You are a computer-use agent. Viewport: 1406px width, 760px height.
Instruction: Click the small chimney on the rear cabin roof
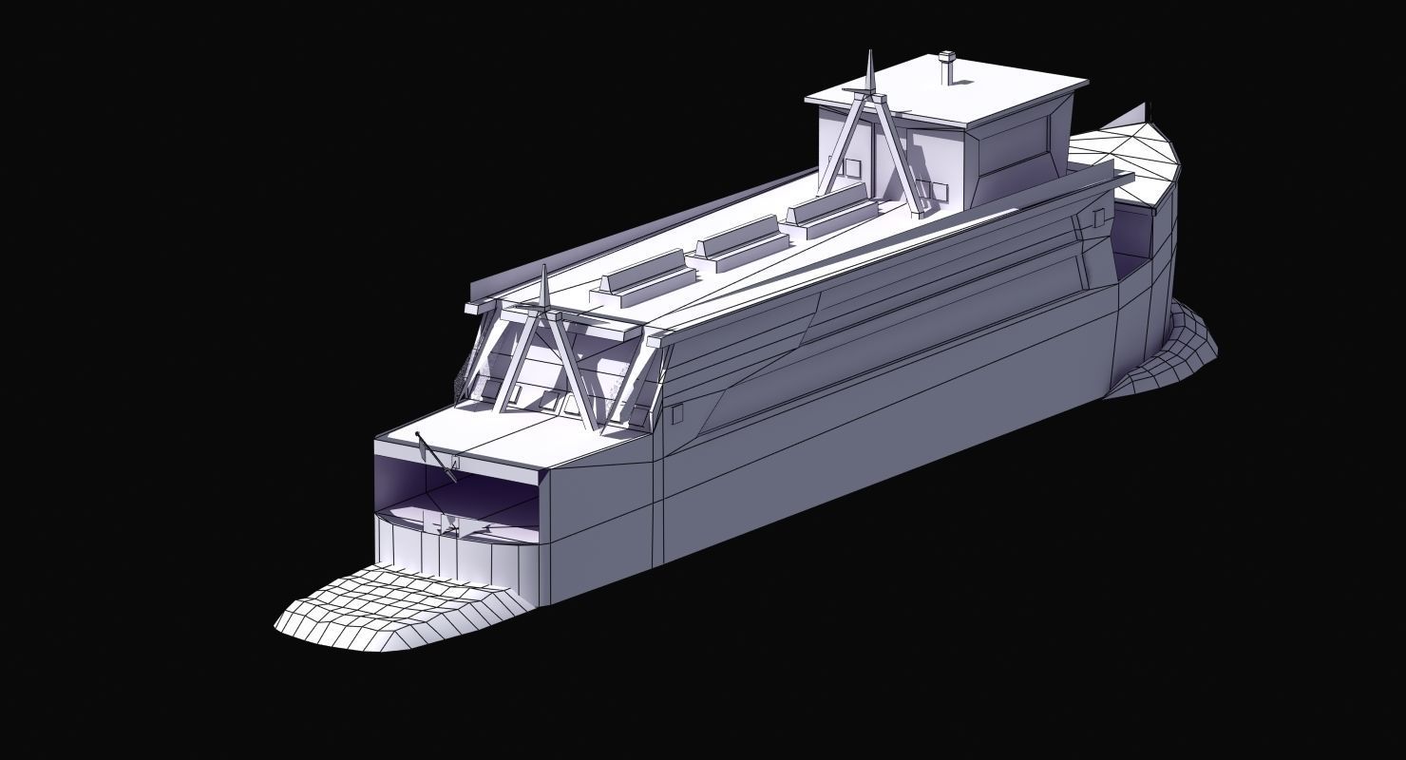946,67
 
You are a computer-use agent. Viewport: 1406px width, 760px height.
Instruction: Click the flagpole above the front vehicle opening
436,457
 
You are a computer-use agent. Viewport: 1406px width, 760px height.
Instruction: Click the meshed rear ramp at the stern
1168,356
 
